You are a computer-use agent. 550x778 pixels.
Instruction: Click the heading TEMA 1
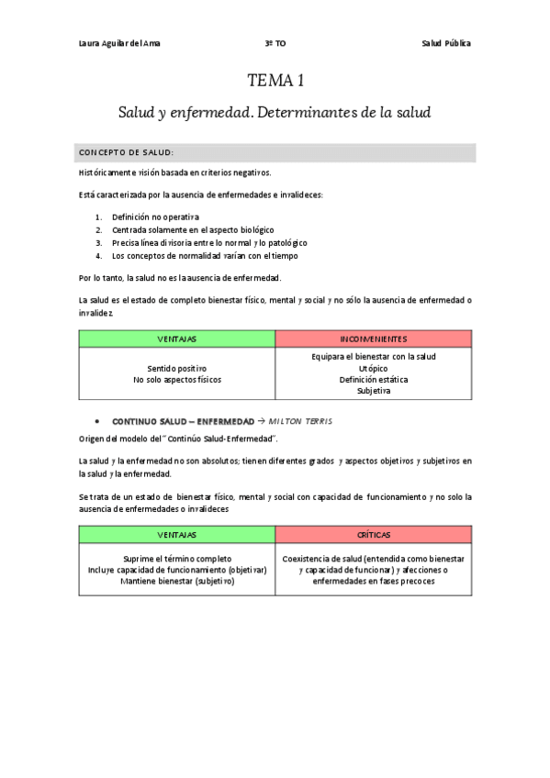pyautogui.click(x=275, y=83)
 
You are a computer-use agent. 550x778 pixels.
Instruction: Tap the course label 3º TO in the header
pyautogui.click(x=275, y=43)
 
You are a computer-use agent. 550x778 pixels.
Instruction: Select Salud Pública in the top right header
pyautogui.click(x=446, y=43)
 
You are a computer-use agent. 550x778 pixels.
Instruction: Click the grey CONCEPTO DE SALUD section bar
pyautogui.click(x=275, y=152)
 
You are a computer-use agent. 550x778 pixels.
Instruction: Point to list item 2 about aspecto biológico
pyautogui.click(x=193, y=229)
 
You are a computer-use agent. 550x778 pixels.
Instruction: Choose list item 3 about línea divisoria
pyautogui.click(x=209, y=242)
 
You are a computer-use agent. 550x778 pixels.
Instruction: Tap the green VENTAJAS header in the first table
pyautogui.click(x=177, y=339)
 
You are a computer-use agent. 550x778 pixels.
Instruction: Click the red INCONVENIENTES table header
pyautogui.click(x=374, y=339)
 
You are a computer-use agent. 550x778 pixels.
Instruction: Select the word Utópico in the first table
pyautogui.click(x=374, y=367)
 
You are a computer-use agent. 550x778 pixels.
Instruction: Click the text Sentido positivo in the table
pyautogui.click(x=177, y=367)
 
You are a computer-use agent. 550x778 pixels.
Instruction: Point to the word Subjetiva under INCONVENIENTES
pyautogui.click(x=374, y=391)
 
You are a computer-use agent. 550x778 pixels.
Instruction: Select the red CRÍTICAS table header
pyautogui.click(x=374, y=534)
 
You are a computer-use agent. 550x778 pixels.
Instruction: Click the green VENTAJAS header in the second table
pyautogui.click(x=177, y=534)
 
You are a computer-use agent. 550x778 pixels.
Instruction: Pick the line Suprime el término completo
pyautogui.click(x=177, y=558)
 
